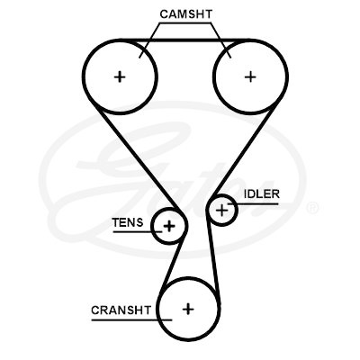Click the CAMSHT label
[x=185, y=14]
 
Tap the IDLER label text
[x=262, y=193]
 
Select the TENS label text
[x=128, y=222]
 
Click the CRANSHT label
[x=121, y=310]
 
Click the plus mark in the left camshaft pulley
[x=120, y=77]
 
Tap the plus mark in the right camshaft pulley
[x=250, y=76]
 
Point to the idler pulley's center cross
[x=222, y=210]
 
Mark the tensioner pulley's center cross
[x=169, y=226]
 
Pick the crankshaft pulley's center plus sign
[x=188, y=309]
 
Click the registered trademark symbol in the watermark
[x=311, y=207]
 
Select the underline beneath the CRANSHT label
[x=131, y=319]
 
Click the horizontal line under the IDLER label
[x=253, y=204]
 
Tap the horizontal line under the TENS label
[x=138, y=231]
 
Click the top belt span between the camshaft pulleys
[x=184, y=40]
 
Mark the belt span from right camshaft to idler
[x=243, y=152]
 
